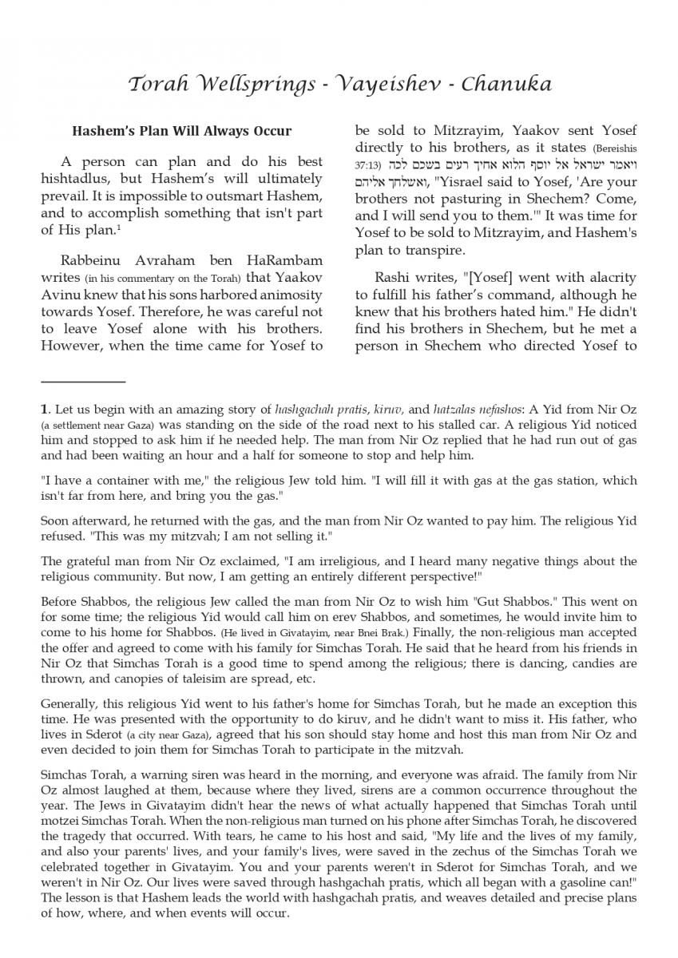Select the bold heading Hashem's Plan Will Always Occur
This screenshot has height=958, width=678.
coord(182,130)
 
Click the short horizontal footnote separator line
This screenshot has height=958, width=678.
coord(83,382)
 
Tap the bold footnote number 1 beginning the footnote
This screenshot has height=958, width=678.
coord(44,409)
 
